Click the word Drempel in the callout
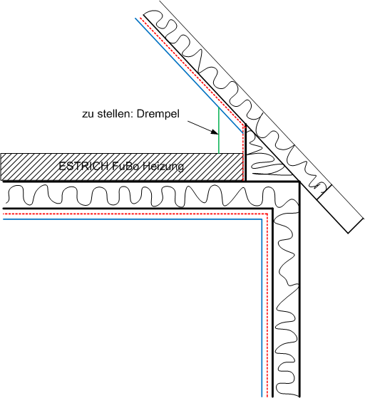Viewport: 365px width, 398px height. (158, 114)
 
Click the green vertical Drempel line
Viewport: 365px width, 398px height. (219, 130)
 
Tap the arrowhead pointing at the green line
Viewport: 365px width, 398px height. (215, 132)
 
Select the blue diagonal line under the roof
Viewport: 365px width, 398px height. (189, 75)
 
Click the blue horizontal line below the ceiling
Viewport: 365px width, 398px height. (132, 219)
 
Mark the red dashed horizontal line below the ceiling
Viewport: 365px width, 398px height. (135, 214)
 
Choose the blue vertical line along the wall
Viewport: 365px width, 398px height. (262, 308)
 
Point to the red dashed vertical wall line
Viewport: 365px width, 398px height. (267, 305)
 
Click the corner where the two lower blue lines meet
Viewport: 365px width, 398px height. (262, 219)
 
